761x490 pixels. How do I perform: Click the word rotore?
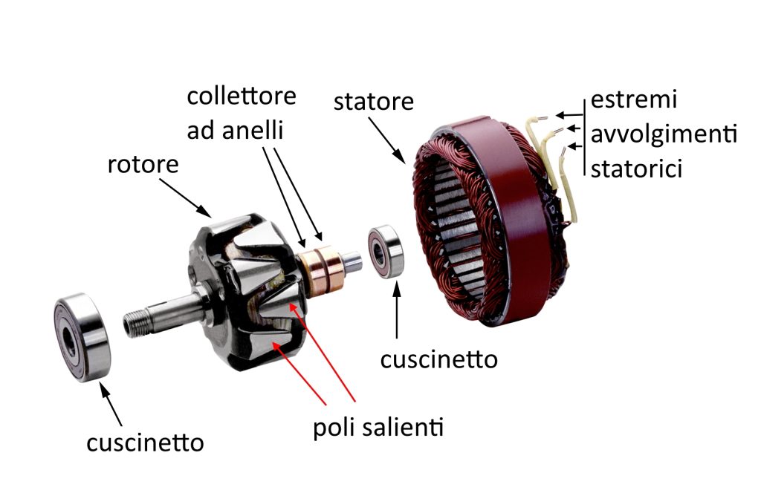click(x=143, y=164)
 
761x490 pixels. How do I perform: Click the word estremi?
click(x=634, y=100)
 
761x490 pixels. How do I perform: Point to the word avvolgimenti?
click(x=663, y=135)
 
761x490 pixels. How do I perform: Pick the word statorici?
click(x=637, y=169)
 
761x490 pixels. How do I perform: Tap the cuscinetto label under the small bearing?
click(x=438, y=359)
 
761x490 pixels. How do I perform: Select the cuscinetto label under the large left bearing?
click(x=145, y=443)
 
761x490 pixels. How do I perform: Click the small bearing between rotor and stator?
click(x=386, y=252)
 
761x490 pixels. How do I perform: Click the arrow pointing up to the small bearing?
click(x=398, y=311)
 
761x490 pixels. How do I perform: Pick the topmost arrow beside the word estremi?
click(x=569, y=115)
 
